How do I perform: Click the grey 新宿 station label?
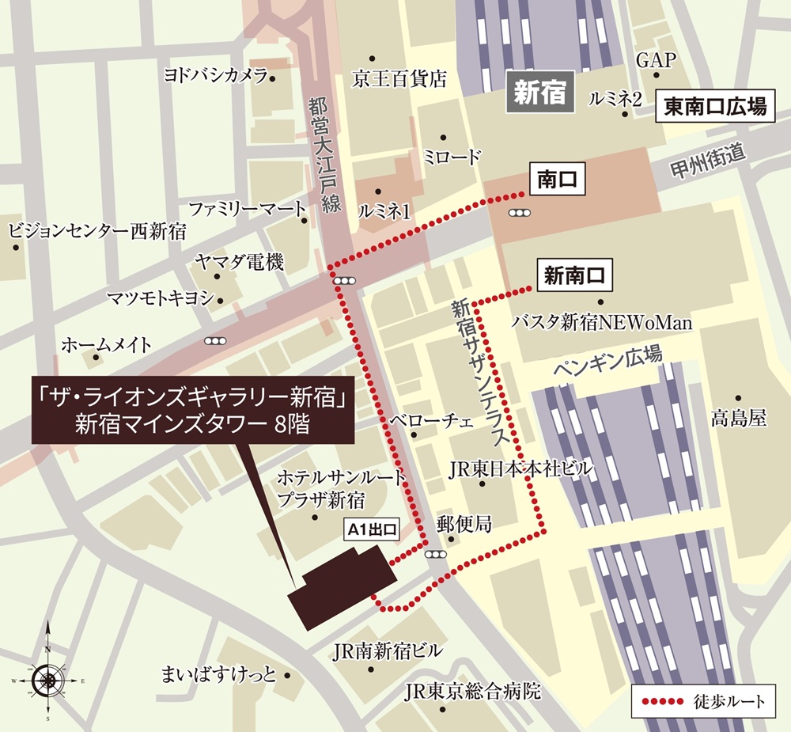coord(539,93)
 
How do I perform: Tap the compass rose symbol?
coord(48,679)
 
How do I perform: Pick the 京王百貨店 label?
coord(399,78)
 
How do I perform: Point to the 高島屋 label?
coord(738,419)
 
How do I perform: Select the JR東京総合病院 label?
coord(472,692)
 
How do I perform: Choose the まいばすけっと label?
coord(218,675)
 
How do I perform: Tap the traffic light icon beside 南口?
coord(520,212)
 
